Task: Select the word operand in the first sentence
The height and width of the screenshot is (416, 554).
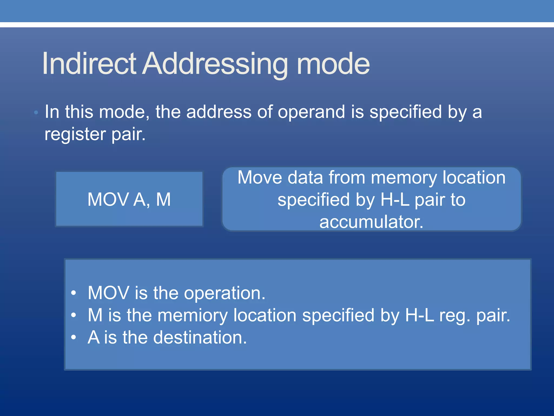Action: pos(311,112)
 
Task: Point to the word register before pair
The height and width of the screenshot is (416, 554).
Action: pos(75,135)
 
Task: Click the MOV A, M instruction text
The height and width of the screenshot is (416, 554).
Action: pos(129,200)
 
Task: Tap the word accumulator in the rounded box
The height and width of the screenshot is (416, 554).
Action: pos(371,222)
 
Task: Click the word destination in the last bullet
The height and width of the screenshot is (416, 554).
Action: pos(200,338)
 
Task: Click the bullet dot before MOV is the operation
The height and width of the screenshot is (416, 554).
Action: pos(74,293)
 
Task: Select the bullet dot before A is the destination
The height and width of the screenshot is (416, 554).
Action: pos(74,337)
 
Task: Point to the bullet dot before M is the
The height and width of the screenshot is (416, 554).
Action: pos(74,315)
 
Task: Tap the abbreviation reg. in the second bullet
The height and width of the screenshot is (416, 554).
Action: pos(455,316)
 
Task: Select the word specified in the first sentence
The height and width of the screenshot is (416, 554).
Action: pos(405,112)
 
